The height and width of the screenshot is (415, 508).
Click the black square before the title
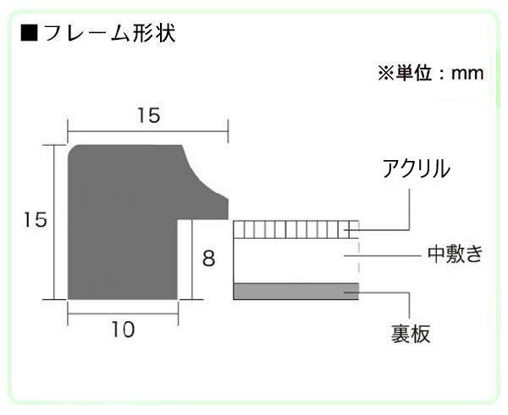[x=29, y=33]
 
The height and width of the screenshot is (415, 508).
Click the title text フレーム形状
[x=109, y=33]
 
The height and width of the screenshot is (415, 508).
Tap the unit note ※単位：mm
[x=431, y=73]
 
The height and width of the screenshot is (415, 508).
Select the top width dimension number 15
[x=149, y=115]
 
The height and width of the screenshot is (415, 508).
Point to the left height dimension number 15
[x=36, y=219]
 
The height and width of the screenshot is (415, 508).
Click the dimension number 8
[x=208, y=259]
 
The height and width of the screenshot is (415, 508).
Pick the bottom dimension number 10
[x=123, y=329]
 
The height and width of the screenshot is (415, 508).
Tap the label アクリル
[x=416, y=169]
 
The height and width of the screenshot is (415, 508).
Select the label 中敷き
[x=456, y=254]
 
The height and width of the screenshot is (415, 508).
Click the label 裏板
[x=410, y=334]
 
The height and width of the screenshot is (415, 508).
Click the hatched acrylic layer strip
[x=295, y=230]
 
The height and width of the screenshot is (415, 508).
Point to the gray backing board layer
[x=295, y=291]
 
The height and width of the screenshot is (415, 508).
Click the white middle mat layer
[x=295, y=261]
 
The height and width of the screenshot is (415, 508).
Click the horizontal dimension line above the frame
[x=147, y=131]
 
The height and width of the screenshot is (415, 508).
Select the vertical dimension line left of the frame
[x=54, y=222]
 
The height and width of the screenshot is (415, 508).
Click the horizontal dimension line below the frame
[x=123, y=313]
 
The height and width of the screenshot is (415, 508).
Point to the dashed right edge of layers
[x=359, y=260]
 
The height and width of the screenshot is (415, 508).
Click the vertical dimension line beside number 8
[x=192, y=259]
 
